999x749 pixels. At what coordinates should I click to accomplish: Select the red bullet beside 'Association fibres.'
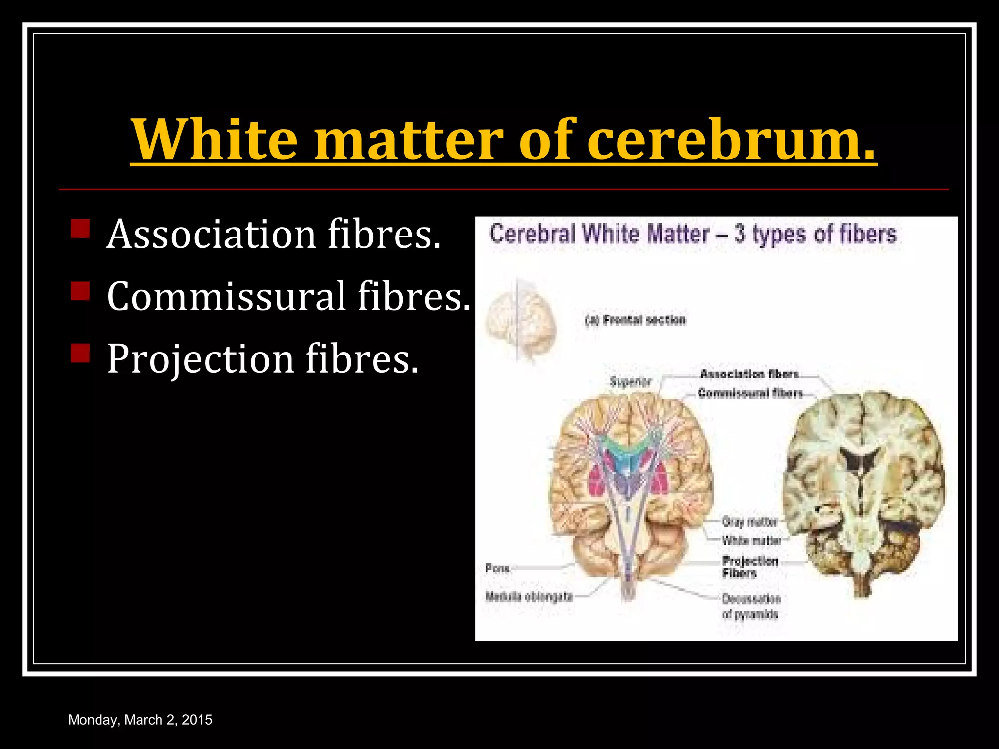click(80, 229)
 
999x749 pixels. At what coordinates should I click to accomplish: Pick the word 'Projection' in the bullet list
click(200, 359)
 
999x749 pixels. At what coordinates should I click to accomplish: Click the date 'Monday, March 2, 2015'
click(140, 720)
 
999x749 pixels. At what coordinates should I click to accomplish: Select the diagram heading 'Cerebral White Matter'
click(599, 234)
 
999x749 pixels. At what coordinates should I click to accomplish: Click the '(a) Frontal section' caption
click(636, 320)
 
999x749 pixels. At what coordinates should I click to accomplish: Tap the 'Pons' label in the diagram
click(497, 569)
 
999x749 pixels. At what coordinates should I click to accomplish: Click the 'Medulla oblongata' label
click(529, 596)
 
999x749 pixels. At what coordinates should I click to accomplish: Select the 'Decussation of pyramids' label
click(751, 606)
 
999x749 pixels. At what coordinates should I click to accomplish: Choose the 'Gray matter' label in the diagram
click(749, 522)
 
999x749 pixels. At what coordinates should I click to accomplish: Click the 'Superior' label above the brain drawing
click(631, 382)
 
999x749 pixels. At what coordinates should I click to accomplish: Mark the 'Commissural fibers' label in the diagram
click(750, 393)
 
